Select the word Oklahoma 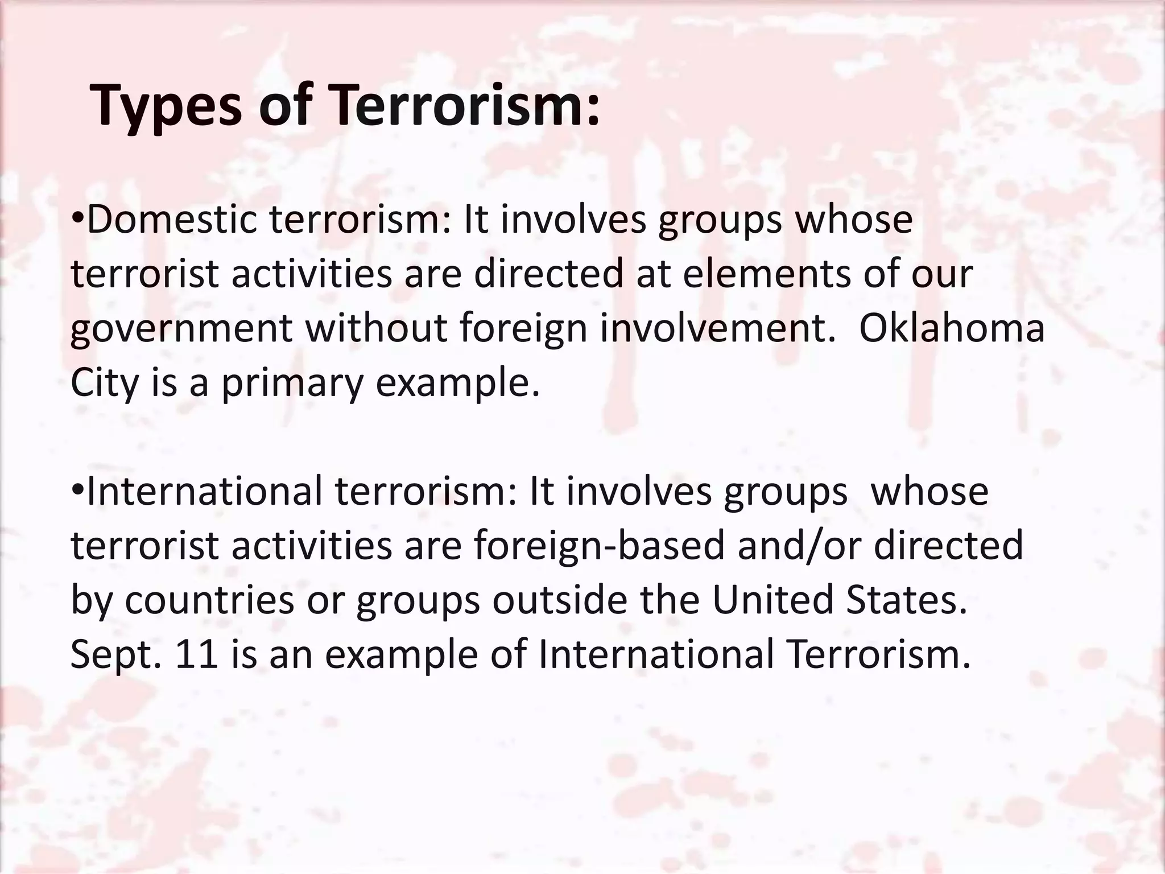click(x=951, y=328)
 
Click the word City click(x=104, y=383)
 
